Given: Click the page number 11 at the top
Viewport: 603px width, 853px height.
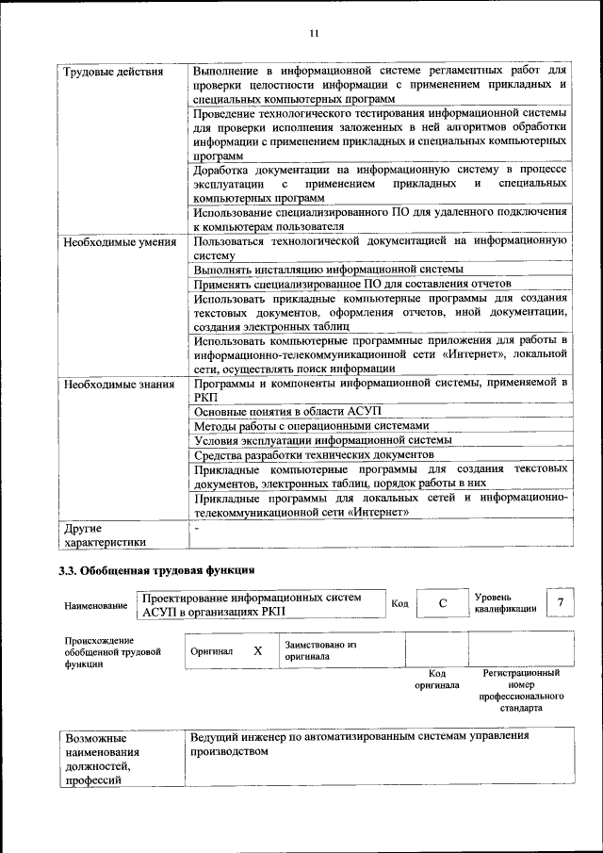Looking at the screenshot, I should [x=315, y=34].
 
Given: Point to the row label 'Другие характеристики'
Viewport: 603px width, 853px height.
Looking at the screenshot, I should [x=104, y=534].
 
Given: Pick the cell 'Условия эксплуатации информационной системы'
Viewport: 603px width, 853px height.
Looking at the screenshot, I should [x=323, y=440].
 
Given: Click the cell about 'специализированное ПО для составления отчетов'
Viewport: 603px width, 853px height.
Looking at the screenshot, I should [x=351, y=284].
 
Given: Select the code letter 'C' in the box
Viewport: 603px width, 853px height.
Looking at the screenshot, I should [x=442, y=603].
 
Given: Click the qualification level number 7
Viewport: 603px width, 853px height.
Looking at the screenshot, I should [x=561, y=603].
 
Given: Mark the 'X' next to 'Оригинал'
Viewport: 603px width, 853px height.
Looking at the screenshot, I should [x=257, y=650].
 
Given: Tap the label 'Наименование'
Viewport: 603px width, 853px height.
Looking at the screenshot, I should [x=96, y=605].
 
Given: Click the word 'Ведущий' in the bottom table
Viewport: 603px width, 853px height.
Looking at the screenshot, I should [x=216, y=735].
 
